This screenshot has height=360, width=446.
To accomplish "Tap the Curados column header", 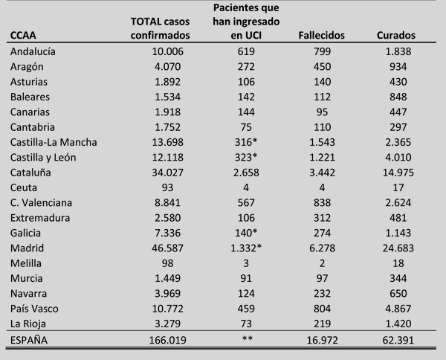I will tap(396, 35).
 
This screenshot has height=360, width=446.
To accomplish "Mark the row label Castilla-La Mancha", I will tap(54, 141).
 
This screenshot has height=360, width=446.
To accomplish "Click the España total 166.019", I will tap(161, 342).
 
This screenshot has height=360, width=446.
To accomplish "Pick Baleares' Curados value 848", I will tap(395, 97).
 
